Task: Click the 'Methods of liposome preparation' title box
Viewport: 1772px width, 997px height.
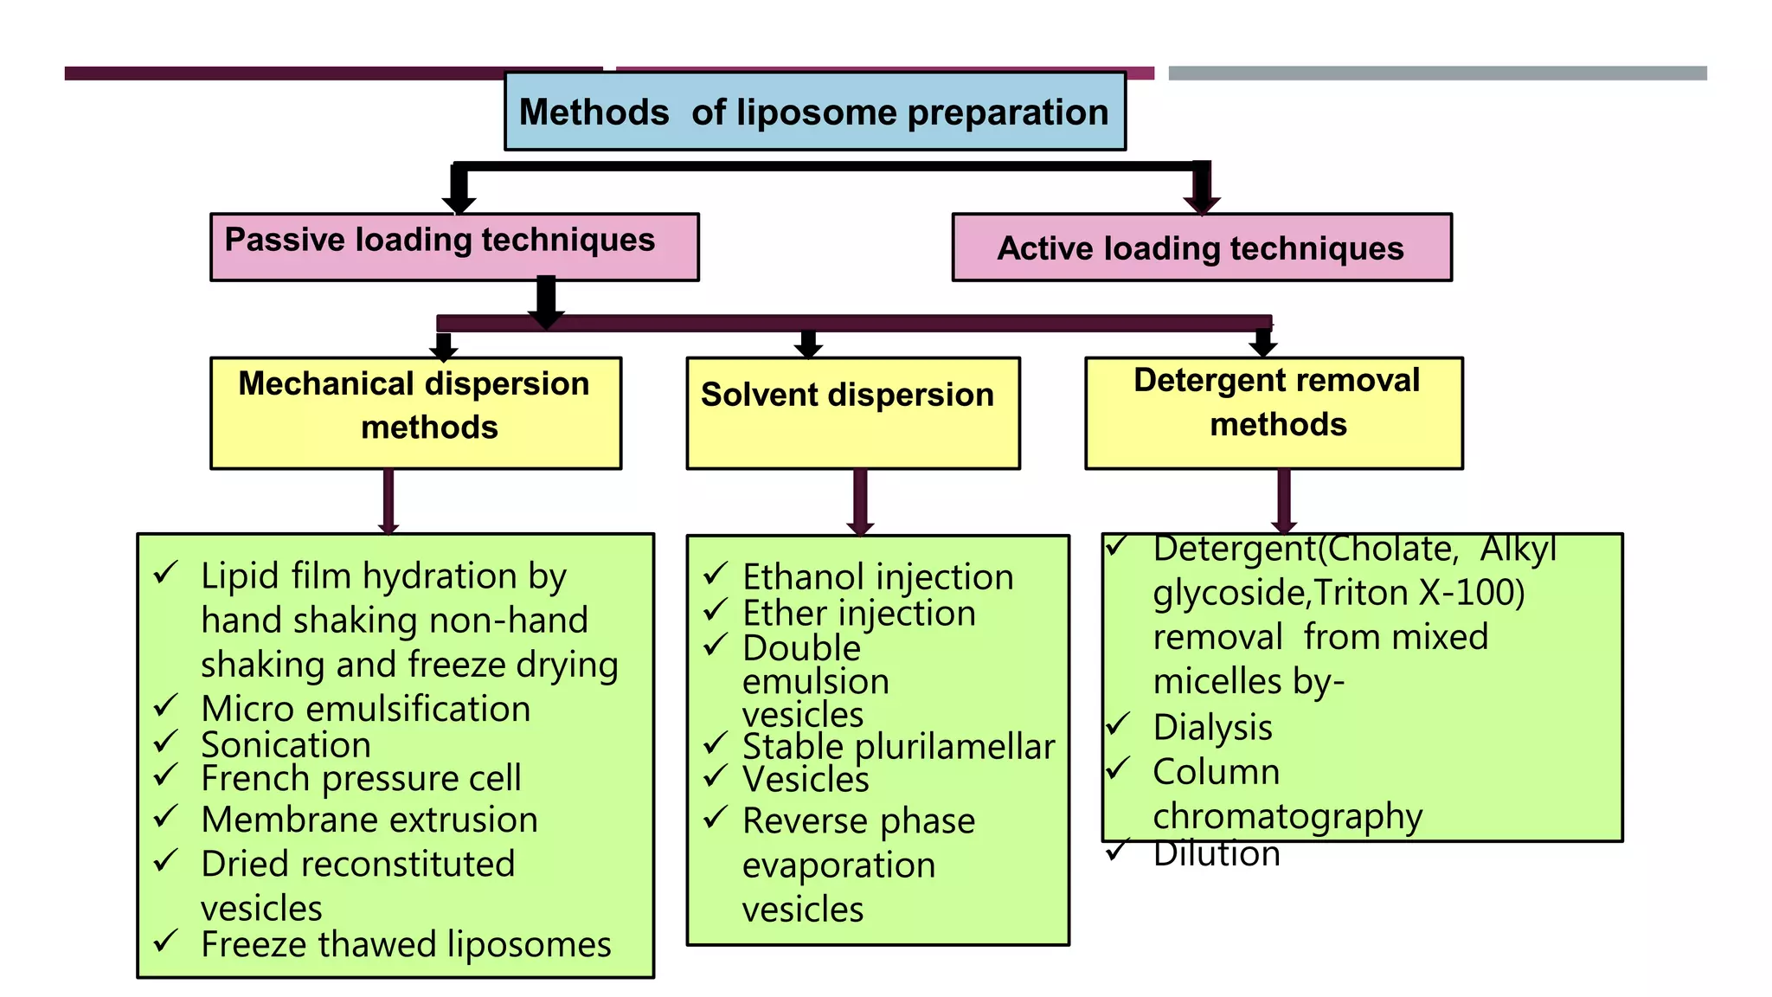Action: [x=814, y=112]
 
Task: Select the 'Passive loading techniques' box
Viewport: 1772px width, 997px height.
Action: [x=454, y=246]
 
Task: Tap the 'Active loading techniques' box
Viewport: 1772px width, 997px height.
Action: [x=1201, y=248]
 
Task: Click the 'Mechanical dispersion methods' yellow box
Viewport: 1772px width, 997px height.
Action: [x=415, y=412]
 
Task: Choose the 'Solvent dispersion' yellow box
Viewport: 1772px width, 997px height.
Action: [x=852, y=412]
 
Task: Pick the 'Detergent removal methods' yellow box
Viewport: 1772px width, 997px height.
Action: [x=1273, y=412]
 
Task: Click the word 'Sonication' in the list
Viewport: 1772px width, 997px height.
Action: [x=286, y=745]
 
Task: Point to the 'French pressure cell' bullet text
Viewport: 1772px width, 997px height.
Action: [x=361, y=778]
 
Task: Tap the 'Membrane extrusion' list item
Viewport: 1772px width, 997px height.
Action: [x=369, y=820]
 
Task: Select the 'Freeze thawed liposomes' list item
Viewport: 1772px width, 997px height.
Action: [x=406, y=944]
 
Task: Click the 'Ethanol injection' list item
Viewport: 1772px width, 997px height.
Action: [x=877, y=577]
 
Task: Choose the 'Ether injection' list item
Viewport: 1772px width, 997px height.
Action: [x=858, y=614]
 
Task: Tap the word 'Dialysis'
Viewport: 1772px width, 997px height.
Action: [x=1212, y=727]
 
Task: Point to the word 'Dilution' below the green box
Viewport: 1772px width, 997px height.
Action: [x=1216, y=854]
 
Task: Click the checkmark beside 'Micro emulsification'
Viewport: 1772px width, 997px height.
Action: [x=165, y=706]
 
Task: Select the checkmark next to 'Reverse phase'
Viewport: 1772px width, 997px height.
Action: [x=715, y=817]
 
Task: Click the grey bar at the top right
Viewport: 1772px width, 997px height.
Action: [x=1436, y=74]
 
